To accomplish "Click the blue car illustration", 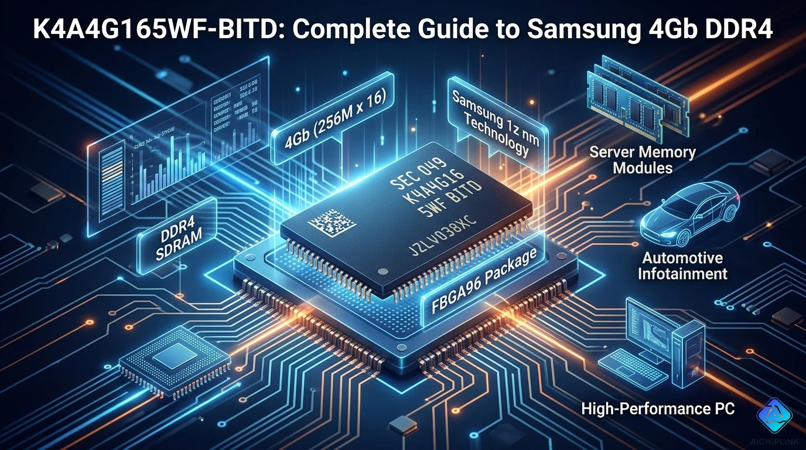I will pos(689,214).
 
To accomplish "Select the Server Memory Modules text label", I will pos(642,160).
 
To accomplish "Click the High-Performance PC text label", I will pos(657,408).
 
